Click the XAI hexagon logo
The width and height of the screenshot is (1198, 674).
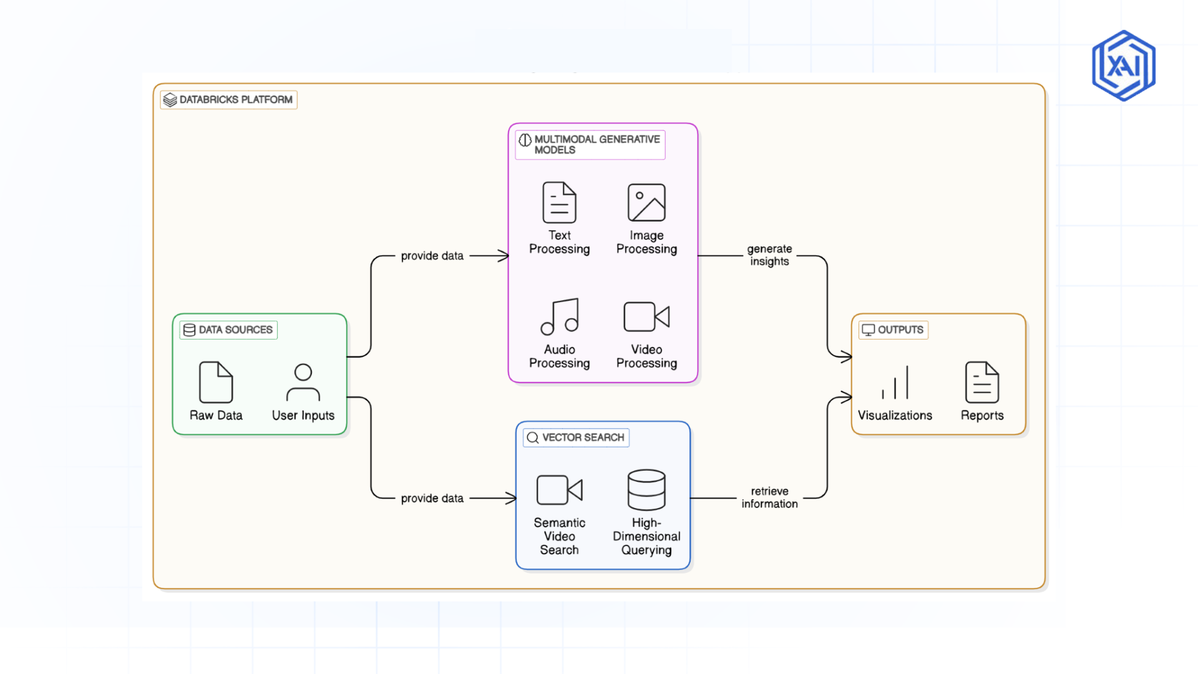(1123, 66)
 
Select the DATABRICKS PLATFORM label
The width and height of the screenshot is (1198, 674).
(228, 100)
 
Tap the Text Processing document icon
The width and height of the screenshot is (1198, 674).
(559, 202)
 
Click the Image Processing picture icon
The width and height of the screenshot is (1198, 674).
(646, 202)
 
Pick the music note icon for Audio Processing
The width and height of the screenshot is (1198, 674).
(560, 316)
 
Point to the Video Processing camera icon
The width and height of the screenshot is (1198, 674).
(646, 316)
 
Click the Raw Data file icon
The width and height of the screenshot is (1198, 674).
(216, 382)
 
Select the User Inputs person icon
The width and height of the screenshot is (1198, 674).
(303, 382)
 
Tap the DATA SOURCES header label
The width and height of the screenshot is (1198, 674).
(228, 330)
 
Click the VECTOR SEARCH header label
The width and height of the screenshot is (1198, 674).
(576, 437)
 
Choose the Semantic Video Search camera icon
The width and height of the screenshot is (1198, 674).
(559, 490)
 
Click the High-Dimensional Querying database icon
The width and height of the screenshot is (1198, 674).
(646, 490)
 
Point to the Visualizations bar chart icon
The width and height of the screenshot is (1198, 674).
(895, 383)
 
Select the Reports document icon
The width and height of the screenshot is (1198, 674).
(982, 382)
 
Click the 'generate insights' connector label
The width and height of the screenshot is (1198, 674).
(769, 255)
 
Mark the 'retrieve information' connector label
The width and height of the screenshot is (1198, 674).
(769, 497)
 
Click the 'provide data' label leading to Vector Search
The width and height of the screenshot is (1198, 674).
(432, 498)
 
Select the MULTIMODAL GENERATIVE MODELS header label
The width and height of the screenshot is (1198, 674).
(590, 145)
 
